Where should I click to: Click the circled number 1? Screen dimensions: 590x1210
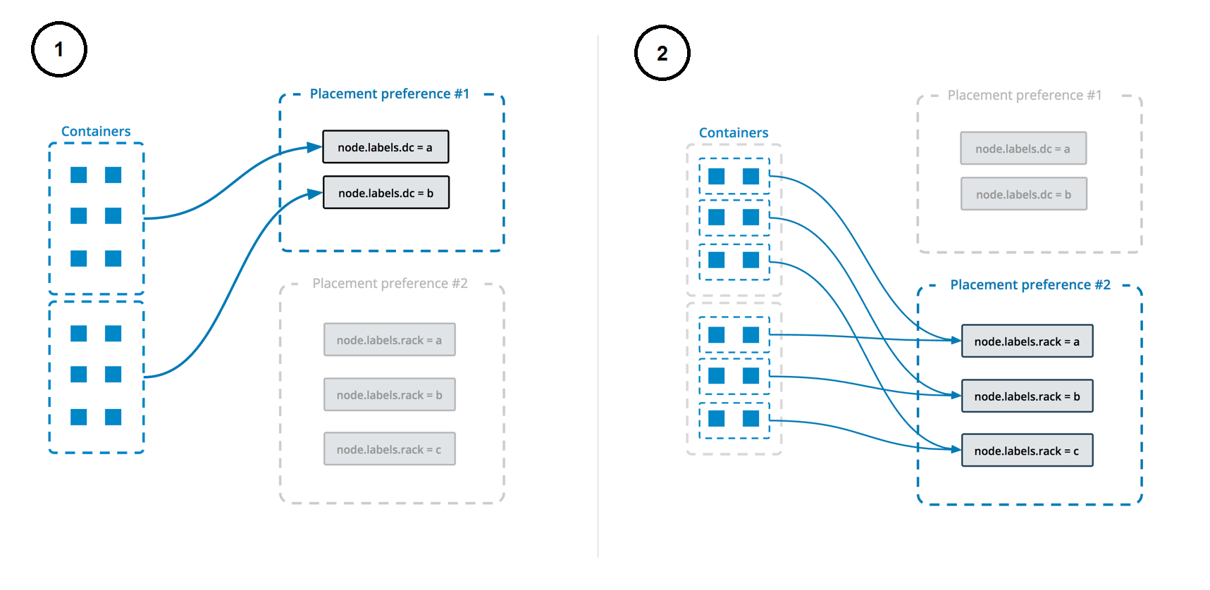(x=59, y=49)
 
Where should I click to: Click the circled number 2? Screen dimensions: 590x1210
(x=662, y=53)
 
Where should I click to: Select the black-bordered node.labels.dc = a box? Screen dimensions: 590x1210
(x=385, y=147)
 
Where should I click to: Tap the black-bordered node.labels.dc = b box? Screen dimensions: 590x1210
(x=385, y=193)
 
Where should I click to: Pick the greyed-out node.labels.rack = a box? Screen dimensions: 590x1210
(x=389, y=340)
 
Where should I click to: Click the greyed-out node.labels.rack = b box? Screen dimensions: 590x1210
(x=389, y=395)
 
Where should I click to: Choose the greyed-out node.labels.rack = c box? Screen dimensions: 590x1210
(x=389, y=449)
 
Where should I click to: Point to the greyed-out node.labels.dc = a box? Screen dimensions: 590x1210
(x=1023, y=149)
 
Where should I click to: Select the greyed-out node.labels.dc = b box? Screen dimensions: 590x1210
(x=1023, y=194)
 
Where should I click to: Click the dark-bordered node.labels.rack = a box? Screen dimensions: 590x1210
(x=1027, y=341)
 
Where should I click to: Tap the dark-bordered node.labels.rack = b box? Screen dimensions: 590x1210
(x=1027, y=396)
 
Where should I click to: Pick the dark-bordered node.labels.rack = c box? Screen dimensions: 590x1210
(x=1027, y=451)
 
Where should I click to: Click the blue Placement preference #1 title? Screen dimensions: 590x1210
(x=390, y=94)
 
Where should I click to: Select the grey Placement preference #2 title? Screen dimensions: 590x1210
(x=390, y=283)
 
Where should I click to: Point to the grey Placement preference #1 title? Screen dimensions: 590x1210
(x=1024, y=95)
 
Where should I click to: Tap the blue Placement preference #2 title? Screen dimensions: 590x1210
(x=1030, y=284)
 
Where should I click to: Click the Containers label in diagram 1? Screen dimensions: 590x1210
(x=96, y=131)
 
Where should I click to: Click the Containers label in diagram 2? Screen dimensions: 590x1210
(x=733, y=132)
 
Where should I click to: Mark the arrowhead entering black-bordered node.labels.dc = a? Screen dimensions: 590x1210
(x=315, y=147)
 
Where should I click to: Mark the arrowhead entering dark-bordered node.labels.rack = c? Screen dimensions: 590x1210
(x=956, y=449)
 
